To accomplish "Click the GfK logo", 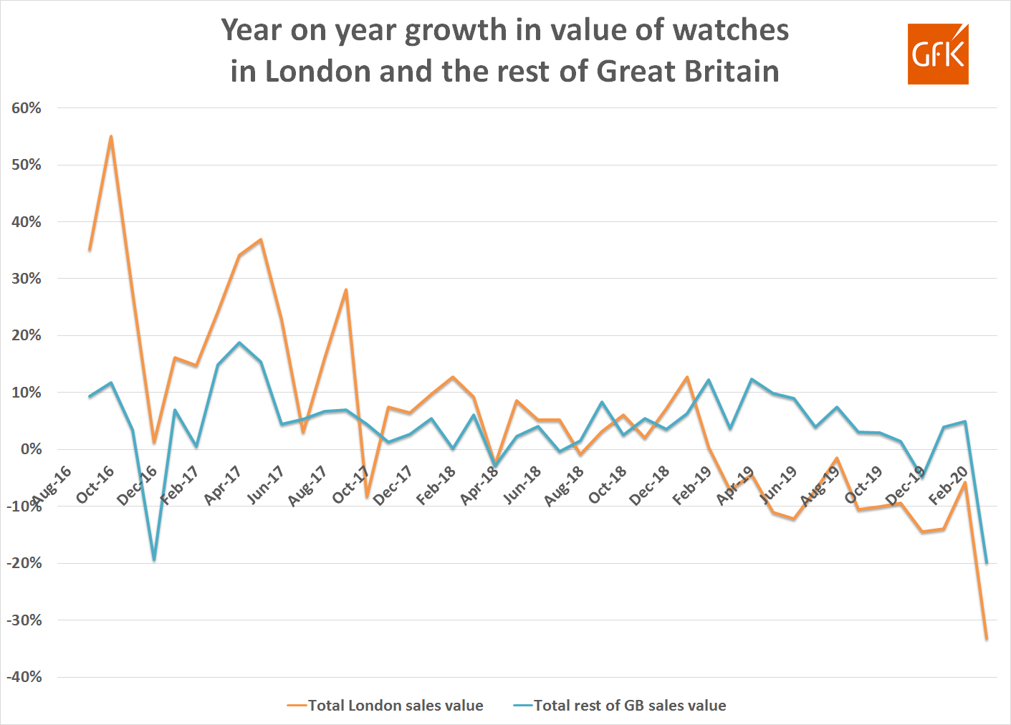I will [x=937, y=54].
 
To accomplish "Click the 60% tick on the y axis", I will [x=27, y=108].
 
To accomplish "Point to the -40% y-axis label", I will [x=24, y=677].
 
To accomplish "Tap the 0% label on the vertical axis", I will [x=31, y=449].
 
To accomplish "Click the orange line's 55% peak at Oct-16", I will [x=111, y=136].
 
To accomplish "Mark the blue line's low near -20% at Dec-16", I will [x=154, y=560].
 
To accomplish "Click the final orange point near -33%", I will [x=987, y=638].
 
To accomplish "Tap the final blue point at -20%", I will [x=987, y=562].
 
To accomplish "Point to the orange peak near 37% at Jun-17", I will [x=261, y=239].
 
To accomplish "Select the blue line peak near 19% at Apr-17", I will [x=239, y=342].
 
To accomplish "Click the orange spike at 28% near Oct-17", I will [x=346, y=290].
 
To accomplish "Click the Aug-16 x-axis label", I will [x=52, y=485].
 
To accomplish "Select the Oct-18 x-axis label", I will [x=607, y=485].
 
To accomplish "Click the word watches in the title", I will [x=731, y=30].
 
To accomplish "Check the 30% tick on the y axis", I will [x=27, y=279].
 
